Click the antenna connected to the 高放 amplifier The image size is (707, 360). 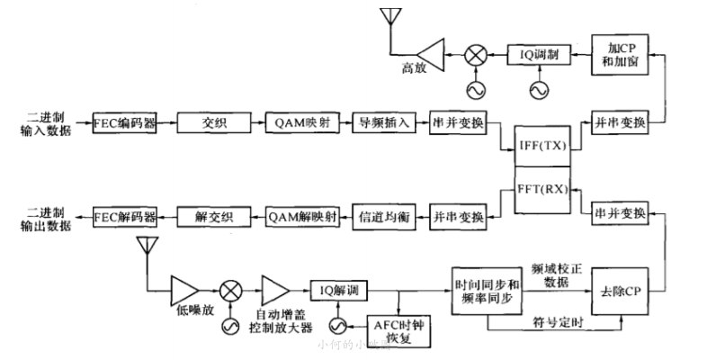coord(389,17)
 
